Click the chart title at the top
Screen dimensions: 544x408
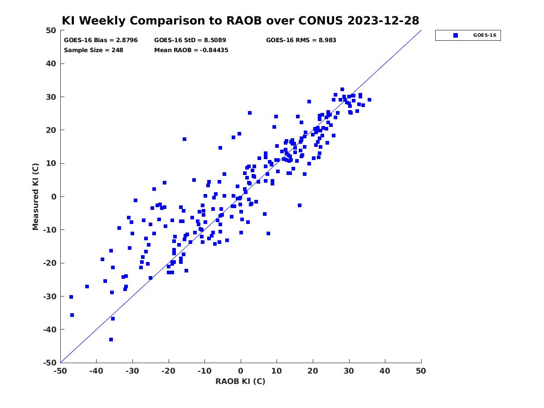(x=240, y=20)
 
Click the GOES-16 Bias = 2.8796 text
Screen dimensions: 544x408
(x=101, y=40)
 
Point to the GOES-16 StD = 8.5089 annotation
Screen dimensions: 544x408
(x=190, y=40)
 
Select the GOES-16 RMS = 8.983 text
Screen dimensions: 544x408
(x=301, y=40)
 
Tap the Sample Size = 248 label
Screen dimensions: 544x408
(x=93, y=50)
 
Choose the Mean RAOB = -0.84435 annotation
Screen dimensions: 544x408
(x=191, y=50)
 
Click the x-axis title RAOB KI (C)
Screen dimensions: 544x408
(x=240, y=381)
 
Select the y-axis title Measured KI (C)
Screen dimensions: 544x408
(x=35, y=196)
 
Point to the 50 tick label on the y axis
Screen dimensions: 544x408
(x=51, y=30)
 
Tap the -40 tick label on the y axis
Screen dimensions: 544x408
(x=50, y=330)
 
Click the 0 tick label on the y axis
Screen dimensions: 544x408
(x=54, y=197)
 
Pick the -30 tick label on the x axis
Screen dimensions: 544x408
(x=132, y=371)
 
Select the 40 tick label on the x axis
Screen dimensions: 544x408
(x=384, y=371)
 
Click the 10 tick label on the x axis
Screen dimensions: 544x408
(x=277, y=371)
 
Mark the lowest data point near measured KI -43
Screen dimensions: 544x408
(x=111, y=340)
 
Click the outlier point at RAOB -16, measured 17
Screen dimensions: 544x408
(x=185, y=139)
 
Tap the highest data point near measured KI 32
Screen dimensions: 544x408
(x=342, y=89)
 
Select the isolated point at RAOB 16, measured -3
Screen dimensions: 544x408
(x=299, y=205)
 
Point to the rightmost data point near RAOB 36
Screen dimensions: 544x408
(x=369, y=100)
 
